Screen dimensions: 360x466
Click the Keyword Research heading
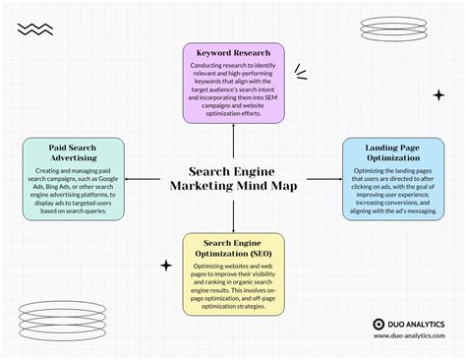tap(232, 53)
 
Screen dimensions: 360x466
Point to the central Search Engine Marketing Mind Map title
tap(233, 177)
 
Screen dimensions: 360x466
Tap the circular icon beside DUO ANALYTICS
tap(379, 323)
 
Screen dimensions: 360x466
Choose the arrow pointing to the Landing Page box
tap(335, 179)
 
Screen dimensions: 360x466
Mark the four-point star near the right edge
tap(438, 95)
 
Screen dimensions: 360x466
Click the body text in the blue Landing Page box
tap(392, 193)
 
